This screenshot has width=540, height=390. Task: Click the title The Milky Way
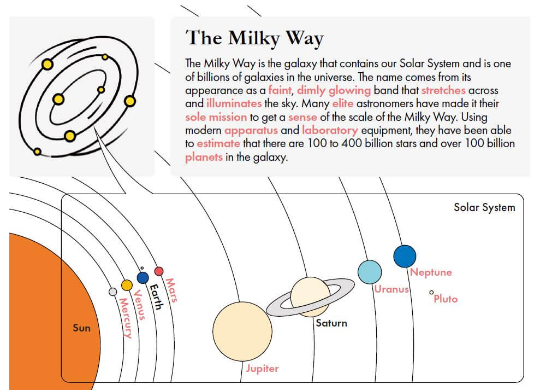pos(254,38)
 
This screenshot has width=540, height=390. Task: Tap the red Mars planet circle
pos(159,271)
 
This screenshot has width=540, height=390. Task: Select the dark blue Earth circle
pos(143,277)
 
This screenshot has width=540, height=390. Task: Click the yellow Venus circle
pos(127,285)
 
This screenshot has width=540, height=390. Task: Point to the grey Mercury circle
pos(112,292)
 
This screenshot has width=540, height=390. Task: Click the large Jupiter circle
pos(242,331)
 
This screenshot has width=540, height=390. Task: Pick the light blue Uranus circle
pos(370,272)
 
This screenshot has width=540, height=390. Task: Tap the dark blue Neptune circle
pos(405,256)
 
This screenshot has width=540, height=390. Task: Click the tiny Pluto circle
pos(431,292)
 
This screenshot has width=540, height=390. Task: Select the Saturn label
pos(331,323)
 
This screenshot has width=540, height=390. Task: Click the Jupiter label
pos(263,369)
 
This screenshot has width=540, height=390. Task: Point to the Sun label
pos(81,328)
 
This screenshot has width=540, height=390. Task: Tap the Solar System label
pos(484,207)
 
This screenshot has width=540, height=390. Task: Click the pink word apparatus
pos(251,131)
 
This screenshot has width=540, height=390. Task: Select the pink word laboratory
pos(330,131)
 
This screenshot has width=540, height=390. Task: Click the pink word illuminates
pos(234,103)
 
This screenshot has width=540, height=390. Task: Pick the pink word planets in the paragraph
pos(204,158)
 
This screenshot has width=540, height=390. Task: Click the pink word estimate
pos(218,143)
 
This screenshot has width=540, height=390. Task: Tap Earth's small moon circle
pos(141,268)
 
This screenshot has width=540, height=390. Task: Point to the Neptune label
pos(431,272)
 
